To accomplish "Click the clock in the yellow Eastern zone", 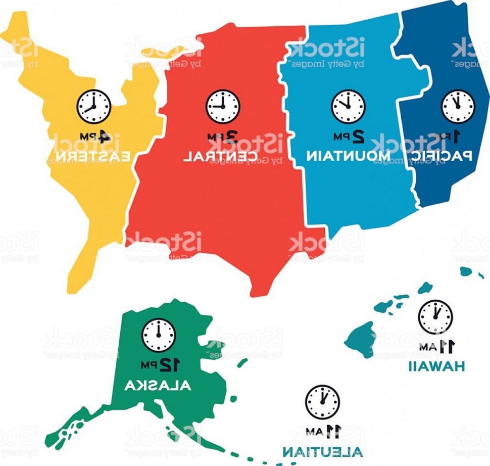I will click(93, 106).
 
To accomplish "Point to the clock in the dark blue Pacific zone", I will click(458, 106).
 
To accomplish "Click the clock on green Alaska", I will click(158, 335).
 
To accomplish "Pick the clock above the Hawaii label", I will click(435, 317).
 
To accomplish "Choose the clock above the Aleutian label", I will click(322, 401).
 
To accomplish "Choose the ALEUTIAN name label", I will click(322, 451).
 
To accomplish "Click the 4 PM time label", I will click(94, 135).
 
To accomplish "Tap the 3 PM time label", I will click(222, 135).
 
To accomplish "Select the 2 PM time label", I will click(349, 135).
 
